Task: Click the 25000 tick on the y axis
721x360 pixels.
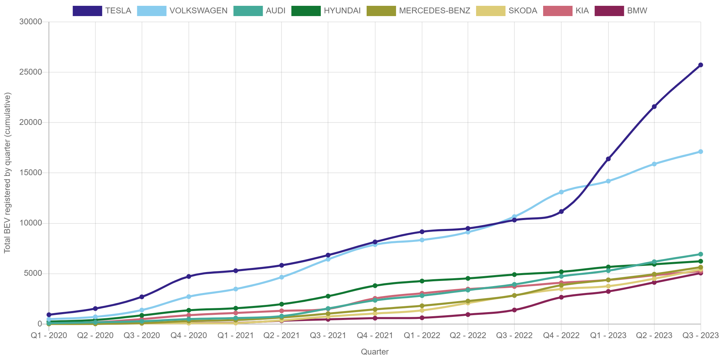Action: pos(30,72)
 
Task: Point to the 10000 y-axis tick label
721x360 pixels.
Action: pos(30,223)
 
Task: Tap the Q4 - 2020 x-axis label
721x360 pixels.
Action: pos(188,335)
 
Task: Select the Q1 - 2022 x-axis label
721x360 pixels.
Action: pos(422,335)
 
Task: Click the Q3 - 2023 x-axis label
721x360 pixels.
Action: pos(700,335)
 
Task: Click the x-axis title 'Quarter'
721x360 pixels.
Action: pos(375,352)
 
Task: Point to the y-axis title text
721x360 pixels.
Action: pos(7,173)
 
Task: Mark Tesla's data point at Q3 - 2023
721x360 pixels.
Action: pos(700,65)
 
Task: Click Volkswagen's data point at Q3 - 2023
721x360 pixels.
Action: pos(700,152)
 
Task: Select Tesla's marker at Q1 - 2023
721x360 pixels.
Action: pos(608,159)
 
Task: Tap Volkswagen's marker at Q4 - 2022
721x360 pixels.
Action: pos(561,192)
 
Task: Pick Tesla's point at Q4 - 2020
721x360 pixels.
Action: pos(188,277)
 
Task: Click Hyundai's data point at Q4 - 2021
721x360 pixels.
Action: pos(375,286)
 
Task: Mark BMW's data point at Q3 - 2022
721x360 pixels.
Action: pos(514,310)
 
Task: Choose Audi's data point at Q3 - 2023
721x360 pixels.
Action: pos(700,254)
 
